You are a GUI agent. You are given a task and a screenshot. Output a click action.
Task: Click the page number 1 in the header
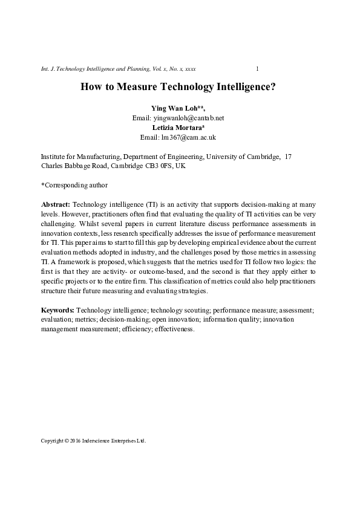coord(258,70)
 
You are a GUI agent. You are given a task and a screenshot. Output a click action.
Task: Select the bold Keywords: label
coord(58,310)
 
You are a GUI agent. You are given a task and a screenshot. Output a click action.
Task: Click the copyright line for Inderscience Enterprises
coord(93,441)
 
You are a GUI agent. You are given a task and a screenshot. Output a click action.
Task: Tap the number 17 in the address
coord(288,157)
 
